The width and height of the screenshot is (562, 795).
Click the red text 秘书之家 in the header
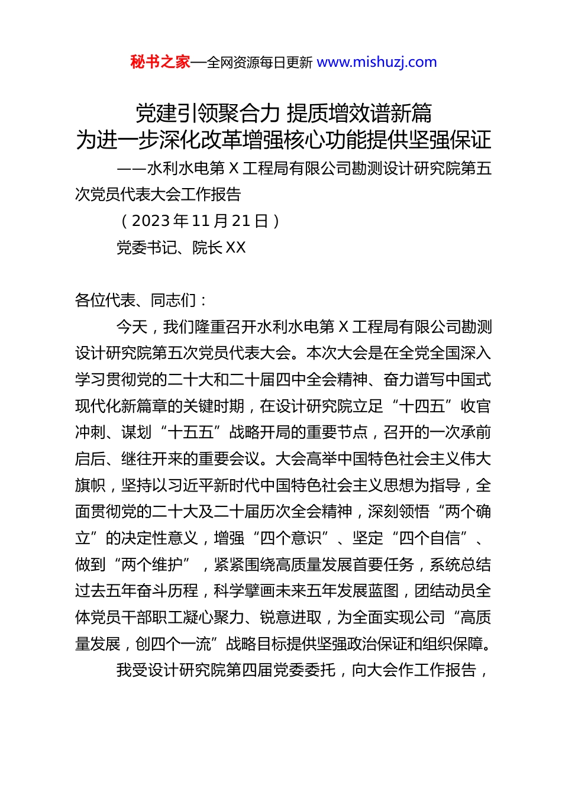click(x=160, y=62)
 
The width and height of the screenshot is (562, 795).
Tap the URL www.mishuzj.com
click(x=377, y=62)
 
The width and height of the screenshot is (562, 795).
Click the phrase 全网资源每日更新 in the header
click(x=260, y=62)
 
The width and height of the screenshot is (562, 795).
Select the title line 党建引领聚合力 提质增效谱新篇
click(x=284, y=112)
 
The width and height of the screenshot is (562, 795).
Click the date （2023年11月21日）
click(x=199, y=221)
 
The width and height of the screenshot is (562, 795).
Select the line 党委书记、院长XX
click(x=181, y=247)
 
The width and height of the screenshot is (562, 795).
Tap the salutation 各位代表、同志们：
click(x=141, y=300)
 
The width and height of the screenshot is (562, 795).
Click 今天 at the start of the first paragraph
click(x=132, y=327)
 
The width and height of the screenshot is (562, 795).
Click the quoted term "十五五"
click(x=190, y=432)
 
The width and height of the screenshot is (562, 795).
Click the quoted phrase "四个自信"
click(x=429, y=538)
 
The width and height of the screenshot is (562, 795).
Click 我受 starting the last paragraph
click(x=132, y=670)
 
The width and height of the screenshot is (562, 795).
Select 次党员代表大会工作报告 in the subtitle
click(x=158, y=194)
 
